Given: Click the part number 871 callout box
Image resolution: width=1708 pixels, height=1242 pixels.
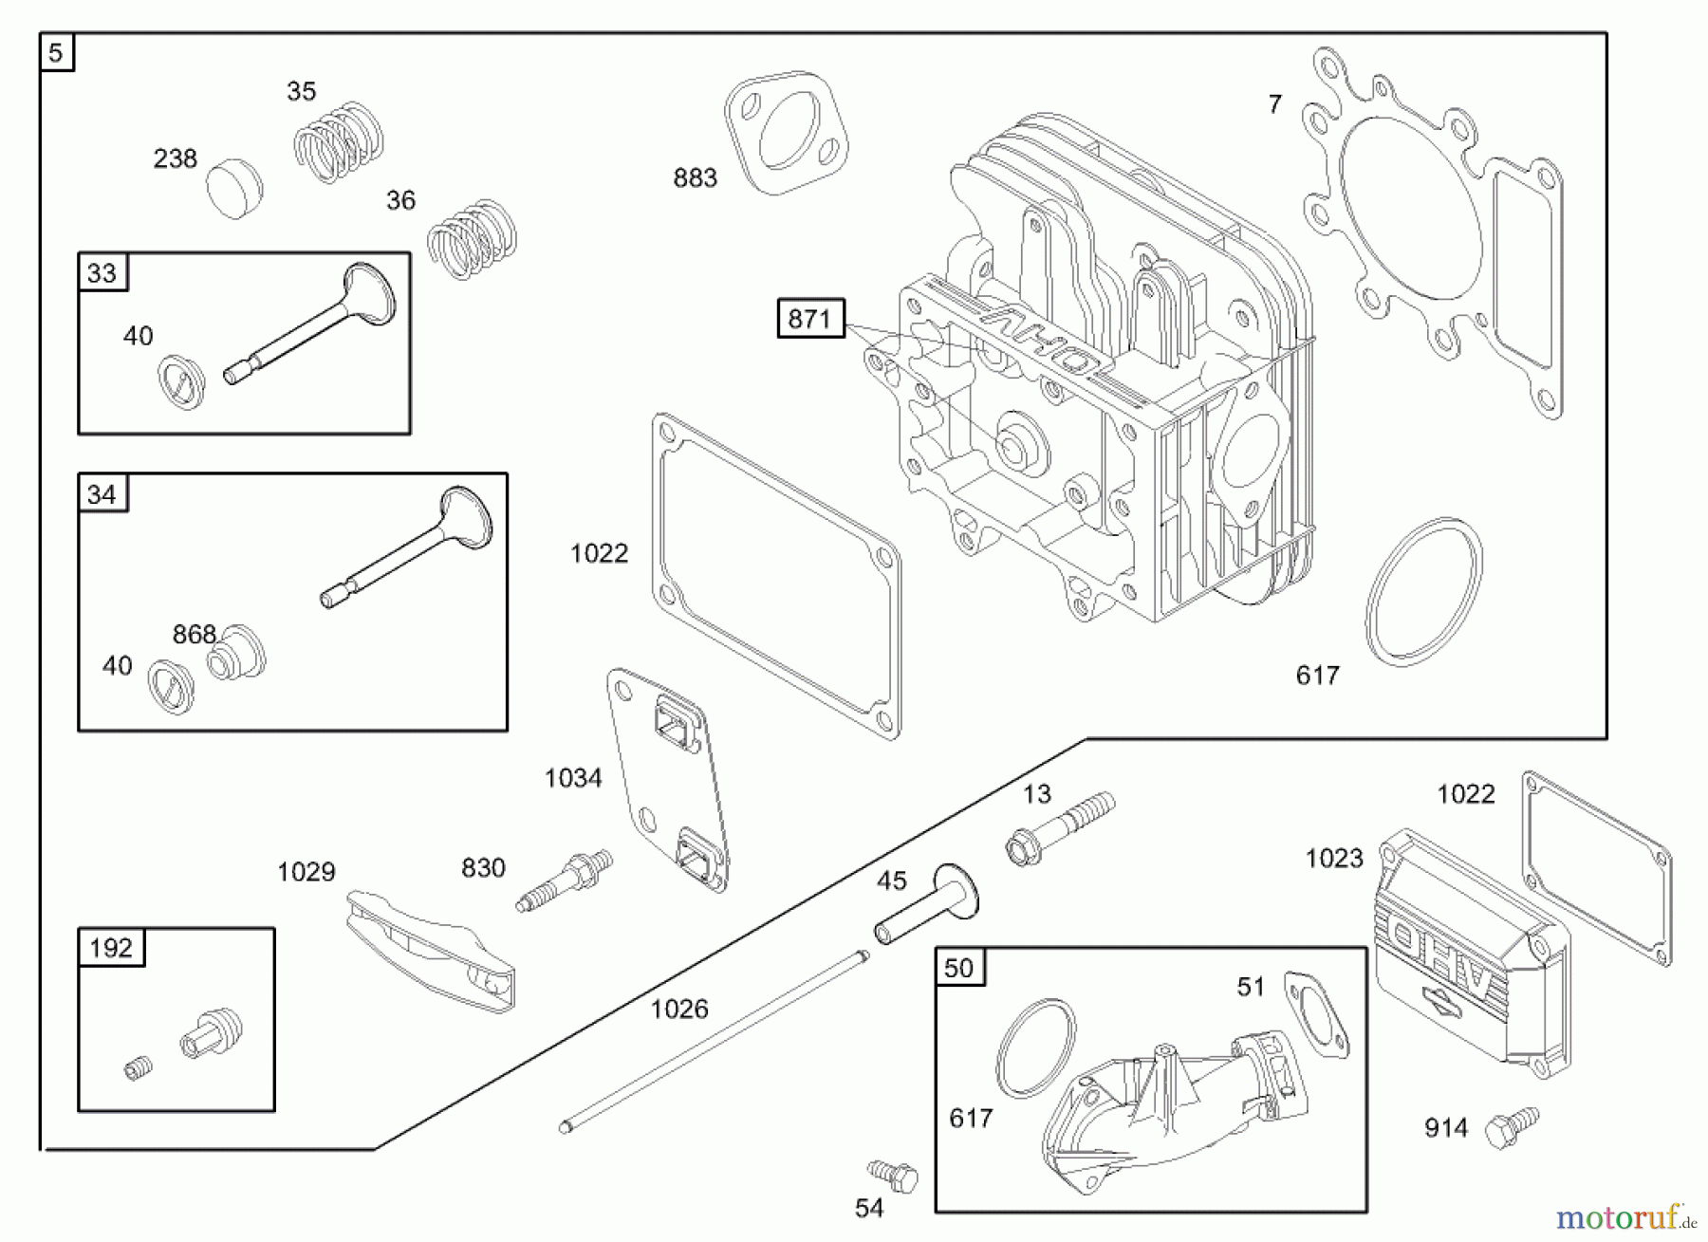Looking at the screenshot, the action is coord(810,319).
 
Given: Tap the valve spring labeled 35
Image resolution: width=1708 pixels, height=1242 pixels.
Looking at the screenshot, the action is coord(338,142).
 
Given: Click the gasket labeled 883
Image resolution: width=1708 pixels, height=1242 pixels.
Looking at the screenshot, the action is coord(787,133).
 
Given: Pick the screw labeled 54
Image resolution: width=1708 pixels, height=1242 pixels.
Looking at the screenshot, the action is coord(893,1176).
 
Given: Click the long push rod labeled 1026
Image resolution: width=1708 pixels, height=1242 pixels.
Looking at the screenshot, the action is coord(714,1041).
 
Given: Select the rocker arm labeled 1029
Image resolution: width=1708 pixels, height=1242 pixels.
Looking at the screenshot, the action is coord(431,950).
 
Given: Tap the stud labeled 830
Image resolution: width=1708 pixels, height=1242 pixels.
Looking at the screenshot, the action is coord(565,881).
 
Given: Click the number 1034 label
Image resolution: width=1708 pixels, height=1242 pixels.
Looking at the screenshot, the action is coord(573,778).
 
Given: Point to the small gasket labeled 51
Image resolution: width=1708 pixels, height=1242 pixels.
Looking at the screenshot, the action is coord(1317,1014).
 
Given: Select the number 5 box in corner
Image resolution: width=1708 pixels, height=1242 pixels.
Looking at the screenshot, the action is coord(56,52).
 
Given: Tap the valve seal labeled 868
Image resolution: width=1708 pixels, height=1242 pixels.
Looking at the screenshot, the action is coord(236,653).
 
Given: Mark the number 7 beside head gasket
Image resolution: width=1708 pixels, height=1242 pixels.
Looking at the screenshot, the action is coord(1275,103).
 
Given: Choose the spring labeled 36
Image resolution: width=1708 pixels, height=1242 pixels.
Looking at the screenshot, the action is coord(472,239).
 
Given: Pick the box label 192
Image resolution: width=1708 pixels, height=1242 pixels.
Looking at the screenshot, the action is coord(111,947).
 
